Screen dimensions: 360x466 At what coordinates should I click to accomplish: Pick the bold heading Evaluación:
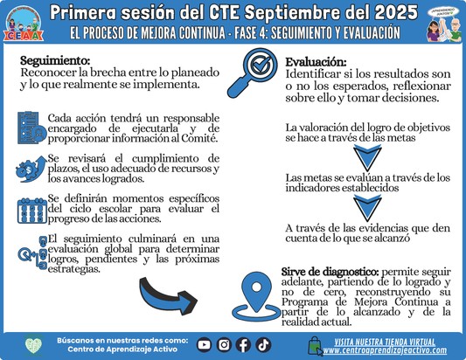[316, 62]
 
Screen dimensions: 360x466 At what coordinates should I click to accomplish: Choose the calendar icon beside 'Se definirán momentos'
[31, 211]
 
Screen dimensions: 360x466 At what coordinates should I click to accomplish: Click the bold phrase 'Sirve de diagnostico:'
[329, 271]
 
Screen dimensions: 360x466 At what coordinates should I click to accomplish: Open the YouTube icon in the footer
[205, 344]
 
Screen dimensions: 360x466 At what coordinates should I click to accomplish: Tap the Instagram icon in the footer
[224, 344]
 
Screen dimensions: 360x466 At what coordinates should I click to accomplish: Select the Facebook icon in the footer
[243, 344]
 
